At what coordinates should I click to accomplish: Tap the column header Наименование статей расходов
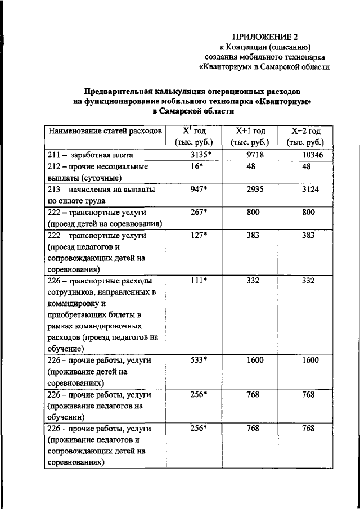(x=105, y=131)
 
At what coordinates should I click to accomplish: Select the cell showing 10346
(x=308, y=154)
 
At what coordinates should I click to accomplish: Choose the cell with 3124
(x=308, y=190)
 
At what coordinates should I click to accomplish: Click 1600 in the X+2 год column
(x=308, y=361)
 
